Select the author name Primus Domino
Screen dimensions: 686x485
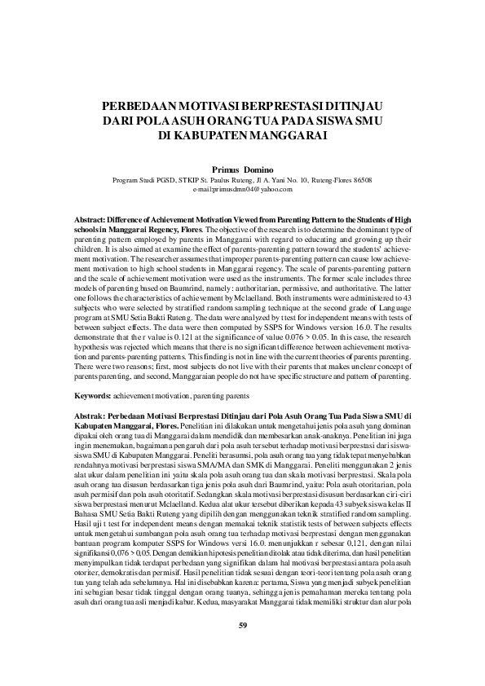pos(241,168)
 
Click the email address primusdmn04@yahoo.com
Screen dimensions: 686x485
pos(242,189)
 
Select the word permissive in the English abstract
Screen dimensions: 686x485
pos(306,288)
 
